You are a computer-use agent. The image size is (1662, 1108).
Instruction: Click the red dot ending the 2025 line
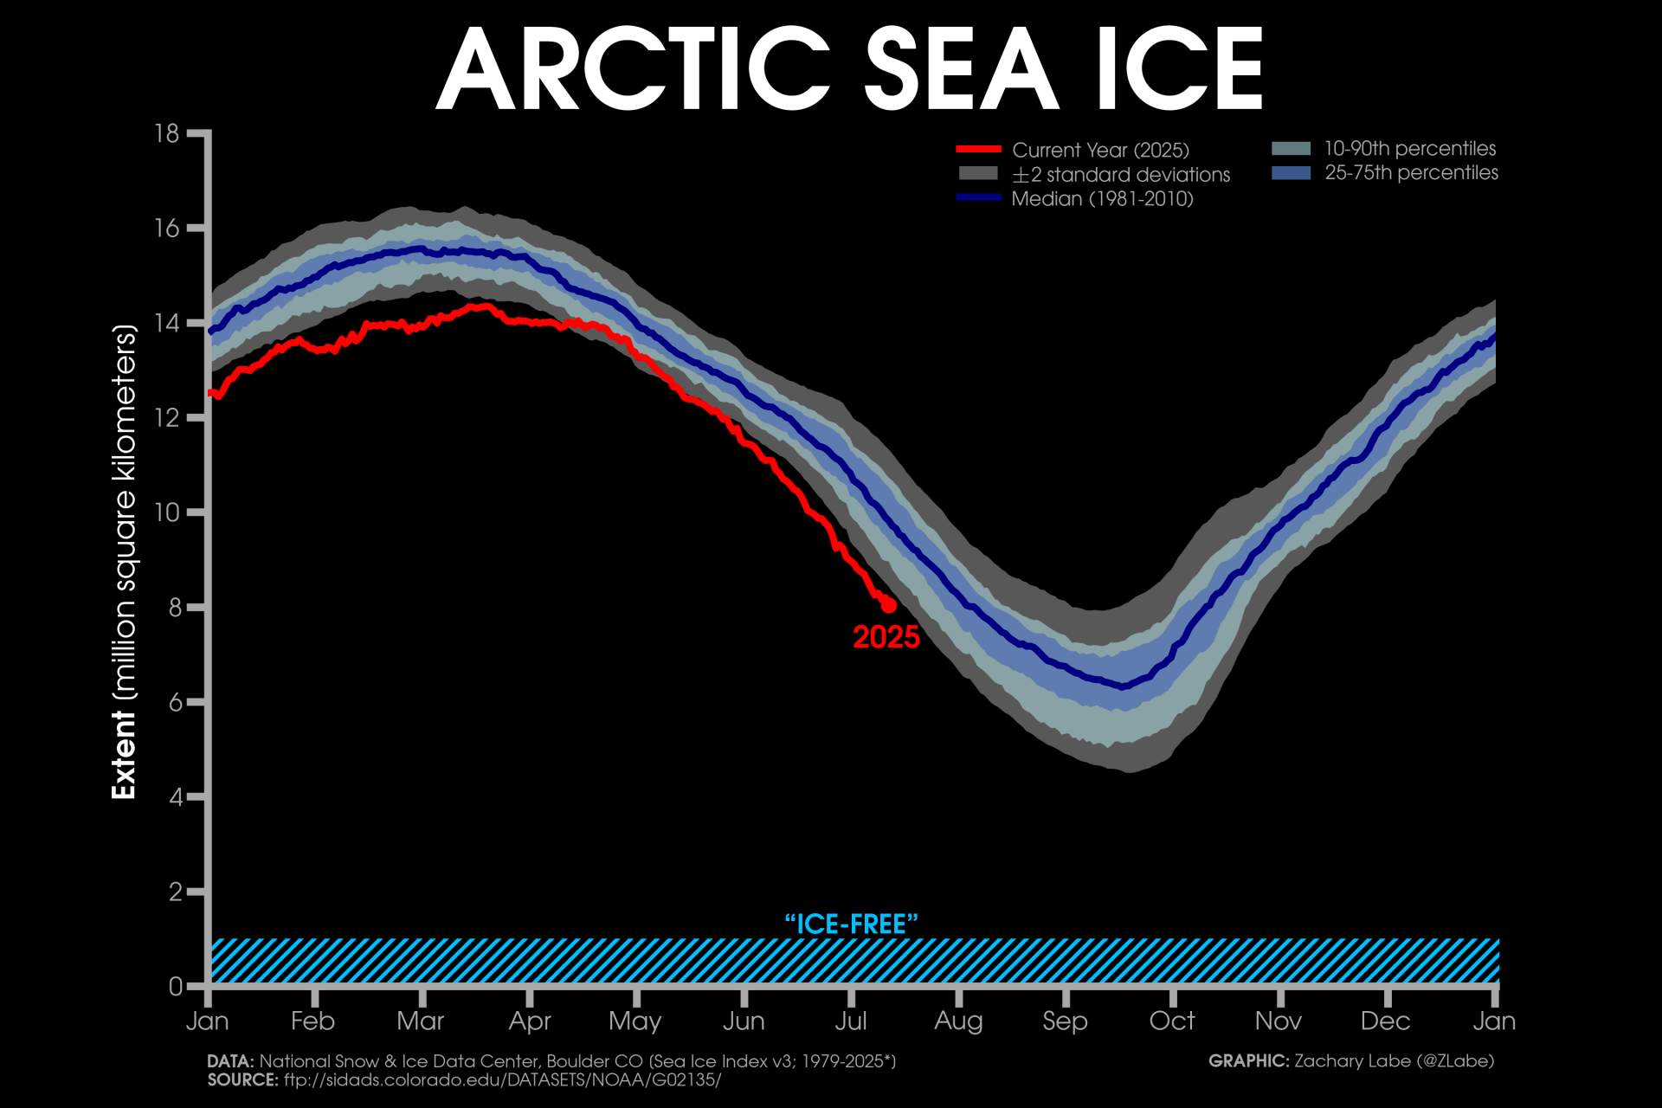click(x=888, y=605)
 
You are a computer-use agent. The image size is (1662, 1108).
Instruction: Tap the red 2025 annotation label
click(x=886, y=637)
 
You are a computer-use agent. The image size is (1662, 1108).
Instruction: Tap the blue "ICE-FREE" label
click(x=851, y=924)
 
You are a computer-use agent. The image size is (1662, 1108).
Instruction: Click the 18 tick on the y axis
click(x=167, y=133)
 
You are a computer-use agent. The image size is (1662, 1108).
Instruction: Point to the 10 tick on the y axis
click(x=167, y=512)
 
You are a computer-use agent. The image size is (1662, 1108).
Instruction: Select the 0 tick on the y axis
click(x=176, y=986)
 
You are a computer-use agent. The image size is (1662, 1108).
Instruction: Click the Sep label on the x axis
click(x=1065, y=1021)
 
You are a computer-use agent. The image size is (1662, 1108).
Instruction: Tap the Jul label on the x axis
click(x=851, y=1021)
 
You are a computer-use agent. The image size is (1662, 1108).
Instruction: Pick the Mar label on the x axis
click(x=421, y=1021)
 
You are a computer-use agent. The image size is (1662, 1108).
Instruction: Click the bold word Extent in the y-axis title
click(x=124, y=755)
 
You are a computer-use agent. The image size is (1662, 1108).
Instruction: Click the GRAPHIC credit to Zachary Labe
click(x=1350, y=1060)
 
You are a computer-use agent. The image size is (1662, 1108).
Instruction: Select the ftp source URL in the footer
click(x=502, y=1079)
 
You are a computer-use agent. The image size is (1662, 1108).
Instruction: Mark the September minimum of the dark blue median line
click(x=1124, y=686)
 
